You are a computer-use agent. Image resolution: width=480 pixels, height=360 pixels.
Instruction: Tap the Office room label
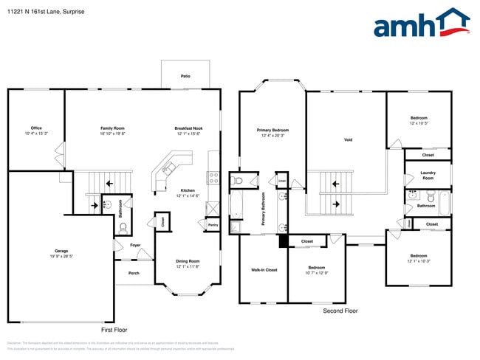click(x=36, y=128)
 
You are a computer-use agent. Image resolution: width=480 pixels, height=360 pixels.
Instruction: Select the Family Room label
click(x=112, y=128)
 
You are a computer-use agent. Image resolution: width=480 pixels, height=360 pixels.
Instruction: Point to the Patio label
click(x=185, y=76)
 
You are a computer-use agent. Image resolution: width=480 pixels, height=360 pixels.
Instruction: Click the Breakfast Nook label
click(x=188, y=128)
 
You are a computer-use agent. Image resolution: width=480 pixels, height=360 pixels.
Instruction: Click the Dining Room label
click(x=188, y=261)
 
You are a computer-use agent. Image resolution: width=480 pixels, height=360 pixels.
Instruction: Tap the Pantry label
click(x=213, y=224)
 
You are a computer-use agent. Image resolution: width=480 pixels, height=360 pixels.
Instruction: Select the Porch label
click(x=134, y=273)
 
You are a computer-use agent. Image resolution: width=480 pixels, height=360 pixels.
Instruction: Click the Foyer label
click(x=135, y=245)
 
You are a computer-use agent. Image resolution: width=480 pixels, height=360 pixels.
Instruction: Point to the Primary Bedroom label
click(x=272, y=130)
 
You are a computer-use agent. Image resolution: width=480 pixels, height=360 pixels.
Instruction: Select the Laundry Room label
click(x=428, y=175)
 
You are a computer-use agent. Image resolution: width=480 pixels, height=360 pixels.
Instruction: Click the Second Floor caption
click(x=340, y=311)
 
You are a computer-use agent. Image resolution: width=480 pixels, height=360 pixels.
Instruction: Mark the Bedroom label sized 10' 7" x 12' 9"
click(x=316, y=267)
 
